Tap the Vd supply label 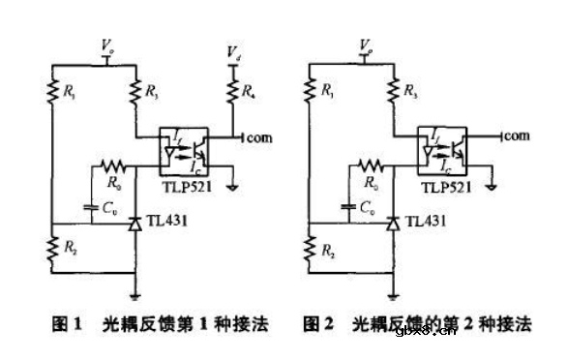pyautogui.click(x=233, y=49)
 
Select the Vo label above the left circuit pyautogui.click(x=108, y=45)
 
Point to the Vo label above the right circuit pyautogui.click(x=365, y=45)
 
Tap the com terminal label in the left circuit pyautogui.click(x=259, y=138)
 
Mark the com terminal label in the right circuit pyautogui.click(x=517, y=138)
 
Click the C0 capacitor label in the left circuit pyautogui.click(x=113, y=206)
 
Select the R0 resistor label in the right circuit pyautogui.click(x=370, y=178)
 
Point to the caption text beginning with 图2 pyautogui.click(x=416, y=324)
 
